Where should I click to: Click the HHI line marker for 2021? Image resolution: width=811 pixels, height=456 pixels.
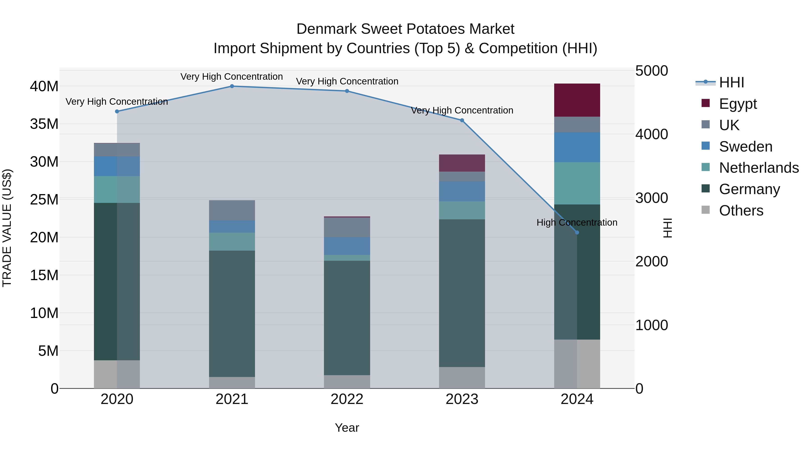coord(232,86)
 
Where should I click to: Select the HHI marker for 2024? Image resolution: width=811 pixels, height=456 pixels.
coord(577,233)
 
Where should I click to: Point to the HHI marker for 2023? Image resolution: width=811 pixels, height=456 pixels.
coord(462,120)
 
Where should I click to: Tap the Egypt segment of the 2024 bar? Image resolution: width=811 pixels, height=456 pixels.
coord(577,100)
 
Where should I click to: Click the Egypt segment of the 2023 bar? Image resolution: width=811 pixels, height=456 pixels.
coord(462,163)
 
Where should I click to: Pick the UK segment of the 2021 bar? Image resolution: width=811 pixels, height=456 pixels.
coord(232,210)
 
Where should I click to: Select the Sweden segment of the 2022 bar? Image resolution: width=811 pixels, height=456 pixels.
coord(347,246)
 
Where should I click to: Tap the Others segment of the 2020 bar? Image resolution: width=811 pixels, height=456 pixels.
coord(117,374)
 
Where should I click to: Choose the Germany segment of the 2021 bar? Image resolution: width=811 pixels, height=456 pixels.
coord(232,313)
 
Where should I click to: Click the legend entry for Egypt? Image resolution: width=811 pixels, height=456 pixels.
coord(738,104)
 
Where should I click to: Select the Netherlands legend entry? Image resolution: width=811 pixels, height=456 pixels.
coord(759,168)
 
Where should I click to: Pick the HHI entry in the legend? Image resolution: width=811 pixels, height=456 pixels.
coord(731,82)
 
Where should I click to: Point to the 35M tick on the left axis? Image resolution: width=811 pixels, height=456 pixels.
coord(44,124)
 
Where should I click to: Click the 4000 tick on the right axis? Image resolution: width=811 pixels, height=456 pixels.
coord(651,134)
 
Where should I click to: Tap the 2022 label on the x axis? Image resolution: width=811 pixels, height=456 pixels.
coord(347,399)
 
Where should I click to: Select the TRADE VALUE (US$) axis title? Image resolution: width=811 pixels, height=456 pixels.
coord(7,228)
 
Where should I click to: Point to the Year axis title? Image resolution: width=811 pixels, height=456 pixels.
coord(347,428)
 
